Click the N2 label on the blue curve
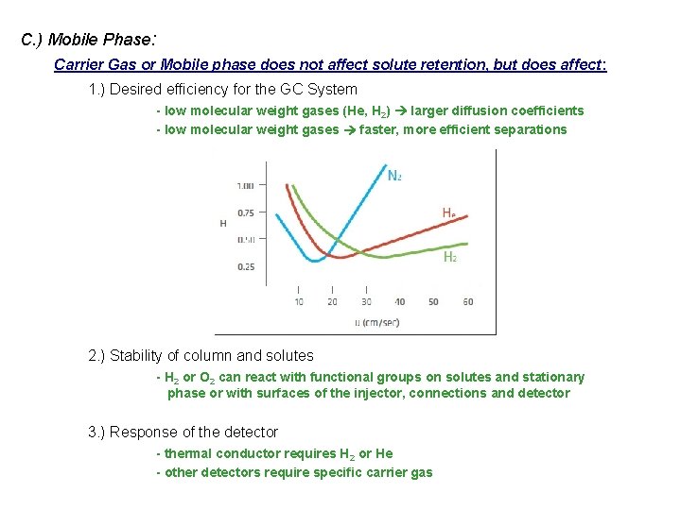(394, 175)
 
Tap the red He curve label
(448, 213)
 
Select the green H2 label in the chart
(450, 256)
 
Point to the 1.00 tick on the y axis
(246, 185)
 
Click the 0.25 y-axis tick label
(246, 267)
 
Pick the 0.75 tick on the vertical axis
(246, 212)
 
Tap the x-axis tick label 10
(299, 302)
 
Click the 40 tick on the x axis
(399, 302)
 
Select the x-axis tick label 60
(467, 302)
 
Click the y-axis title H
(223, 224)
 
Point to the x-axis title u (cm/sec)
(377, 322)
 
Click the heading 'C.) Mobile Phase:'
(88, 40)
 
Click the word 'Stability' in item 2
(137, 356)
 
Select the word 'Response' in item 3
(143, 432)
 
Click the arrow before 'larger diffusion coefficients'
(400, 111)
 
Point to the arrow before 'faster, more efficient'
(349, 130)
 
